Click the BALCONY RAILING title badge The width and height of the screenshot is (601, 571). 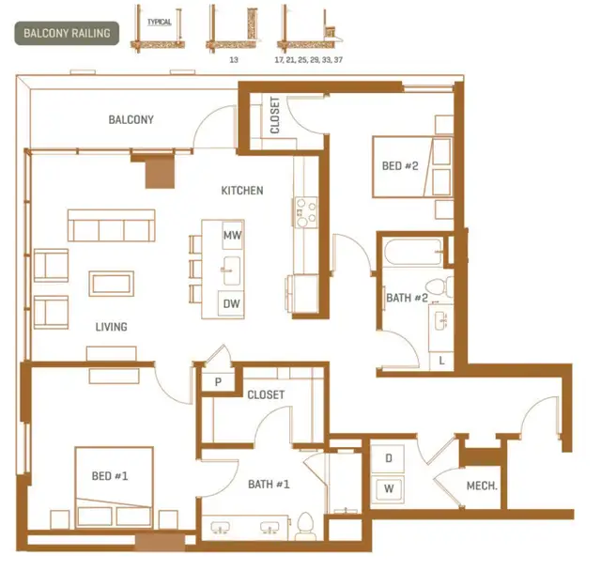67,34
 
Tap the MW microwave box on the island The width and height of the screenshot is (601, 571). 232,235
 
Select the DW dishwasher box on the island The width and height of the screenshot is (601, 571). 231,304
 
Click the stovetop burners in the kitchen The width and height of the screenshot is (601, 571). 306,212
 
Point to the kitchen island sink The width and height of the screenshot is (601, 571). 232,270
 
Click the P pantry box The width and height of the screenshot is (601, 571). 218,381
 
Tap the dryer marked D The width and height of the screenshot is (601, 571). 388,458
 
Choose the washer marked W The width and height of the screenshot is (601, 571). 388,488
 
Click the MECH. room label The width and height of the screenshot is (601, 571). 482,486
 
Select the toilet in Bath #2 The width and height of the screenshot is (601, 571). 439,286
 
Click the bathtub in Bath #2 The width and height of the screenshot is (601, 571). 413,252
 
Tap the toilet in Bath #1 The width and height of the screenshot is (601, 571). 305,526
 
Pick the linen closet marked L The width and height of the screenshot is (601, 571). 441,361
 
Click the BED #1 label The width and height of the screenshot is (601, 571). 110,476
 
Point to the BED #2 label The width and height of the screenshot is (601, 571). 400,166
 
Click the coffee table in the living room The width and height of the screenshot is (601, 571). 112,284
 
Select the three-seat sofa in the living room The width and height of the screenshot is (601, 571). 111,225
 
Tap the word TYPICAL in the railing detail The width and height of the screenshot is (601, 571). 160,22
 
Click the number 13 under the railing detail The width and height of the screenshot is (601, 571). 234,60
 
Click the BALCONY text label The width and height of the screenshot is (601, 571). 131,119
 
